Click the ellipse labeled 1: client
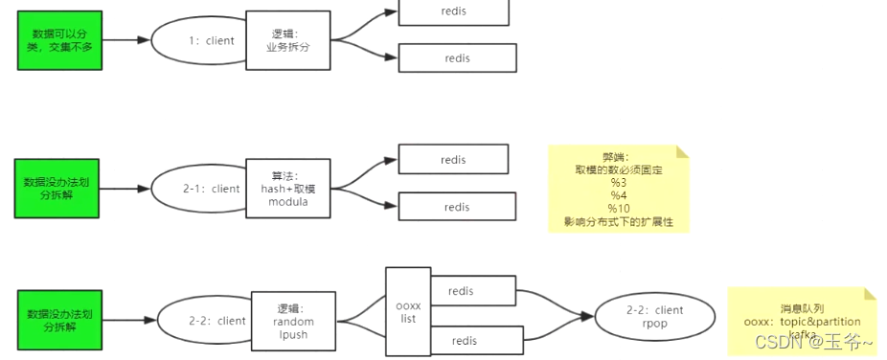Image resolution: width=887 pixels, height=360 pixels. [x=199, y=41]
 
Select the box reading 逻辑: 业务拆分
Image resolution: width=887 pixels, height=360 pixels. [x=288, y=40]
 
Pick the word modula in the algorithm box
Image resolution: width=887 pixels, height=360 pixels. [x=288, y=202]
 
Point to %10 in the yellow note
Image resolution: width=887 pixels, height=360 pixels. [x=618, y=209]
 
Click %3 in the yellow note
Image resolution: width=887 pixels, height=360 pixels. [x=618, y=182]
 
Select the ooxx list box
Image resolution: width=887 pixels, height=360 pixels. [x=407, y=311]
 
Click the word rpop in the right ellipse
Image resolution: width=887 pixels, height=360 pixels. [x=654, y=325]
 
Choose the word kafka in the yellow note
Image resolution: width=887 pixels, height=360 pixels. [x=802, y=334]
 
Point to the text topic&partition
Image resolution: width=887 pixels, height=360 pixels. [x=821, y=322]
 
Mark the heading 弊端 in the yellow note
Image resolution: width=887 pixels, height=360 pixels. [x=618, y=156]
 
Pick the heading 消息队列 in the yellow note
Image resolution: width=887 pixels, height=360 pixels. [x=802, y=307]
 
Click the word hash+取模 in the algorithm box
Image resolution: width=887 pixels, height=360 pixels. [x=288, y=189]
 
